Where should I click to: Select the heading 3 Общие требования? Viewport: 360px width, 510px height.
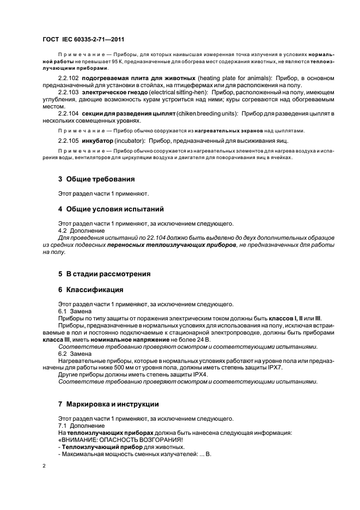(x=96, y=179)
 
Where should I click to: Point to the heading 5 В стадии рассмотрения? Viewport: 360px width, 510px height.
(x=104, y=274)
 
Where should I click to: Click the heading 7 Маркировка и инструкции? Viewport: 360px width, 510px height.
(x=108, y=404)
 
